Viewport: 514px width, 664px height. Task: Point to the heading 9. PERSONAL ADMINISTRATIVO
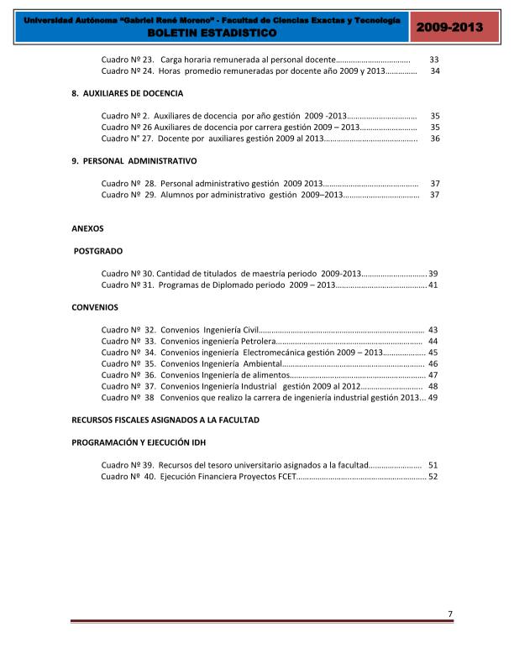tap(134, 160)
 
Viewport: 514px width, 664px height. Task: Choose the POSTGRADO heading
tap(98, 250)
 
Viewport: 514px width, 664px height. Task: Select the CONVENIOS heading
tap(95, 307)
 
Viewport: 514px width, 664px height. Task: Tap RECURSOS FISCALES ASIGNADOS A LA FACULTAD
tap(165, 418)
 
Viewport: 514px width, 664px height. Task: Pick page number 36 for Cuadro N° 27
tap(435, 139)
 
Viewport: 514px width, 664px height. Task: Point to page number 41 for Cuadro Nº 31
tap(433, 285)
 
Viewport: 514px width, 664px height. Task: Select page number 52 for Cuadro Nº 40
tap(433, 477)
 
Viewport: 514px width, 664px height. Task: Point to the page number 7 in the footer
tap(450, 614)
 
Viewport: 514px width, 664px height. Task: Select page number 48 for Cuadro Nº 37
tap(433, 387)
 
